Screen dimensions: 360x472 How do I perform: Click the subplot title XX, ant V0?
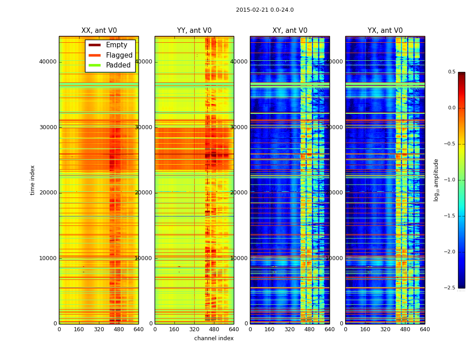(x=99, y=31)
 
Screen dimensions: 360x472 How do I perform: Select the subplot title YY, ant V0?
(x=194, y=31)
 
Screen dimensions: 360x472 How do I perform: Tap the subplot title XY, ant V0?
(x=290, y=31)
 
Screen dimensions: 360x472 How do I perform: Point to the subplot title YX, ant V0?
(x=385, y=31)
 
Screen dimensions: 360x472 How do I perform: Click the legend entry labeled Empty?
(x=116, y=45)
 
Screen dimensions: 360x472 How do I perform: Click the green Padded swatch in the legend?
(x=94, y=65)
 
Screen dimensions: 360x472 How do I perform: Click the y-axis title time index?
(x=32, y=180)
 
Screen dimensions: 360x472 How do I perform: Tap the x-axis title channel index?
(x=214, y=338)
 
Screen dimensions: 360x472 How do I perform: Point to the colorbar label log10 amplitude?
(x=436, y=180)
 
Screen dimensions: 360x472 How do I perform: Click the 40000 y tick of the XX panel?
(x=48, y=62)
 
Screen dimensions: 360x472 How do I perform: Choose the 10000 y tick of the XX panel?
(x=48, y=258)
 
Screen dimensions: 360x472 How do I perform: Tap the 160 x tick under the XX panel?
(x=79, y=329)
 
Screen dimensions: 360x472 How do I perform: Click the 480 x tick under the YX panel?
(x=405, y=329)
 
